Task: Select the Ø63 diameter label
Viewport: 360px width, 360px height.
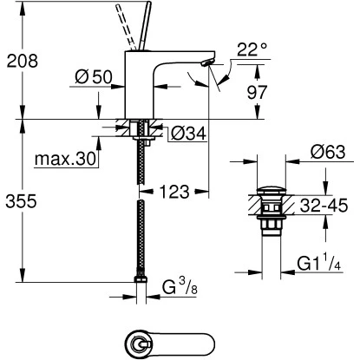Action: tap(327, 153)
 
